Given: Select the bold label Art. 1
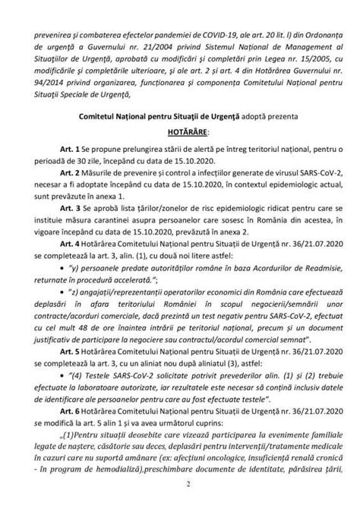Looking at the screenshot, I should (66, 145).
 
